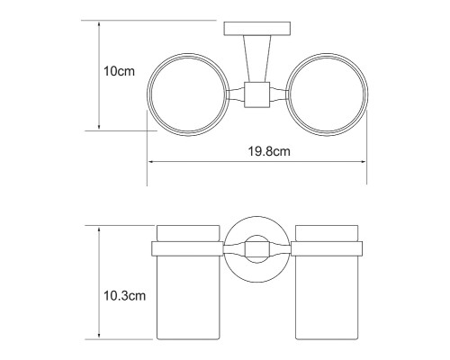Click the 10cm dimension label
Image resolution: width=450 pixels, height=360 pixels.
tap(119, 72)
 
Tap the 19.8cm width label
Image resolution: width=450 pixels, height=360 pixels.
tap(269, 151)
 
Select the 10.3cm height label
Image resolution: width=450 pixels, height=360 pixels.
tap(124, 296)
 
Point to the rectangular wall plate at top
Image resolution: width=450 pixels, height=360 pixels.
tap(257, 29)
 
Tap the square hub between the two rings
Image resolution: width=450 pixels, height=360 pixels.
tap(257, 94)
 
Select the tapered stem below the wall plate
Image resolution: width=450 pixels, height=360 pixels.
tap(257, 58)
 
